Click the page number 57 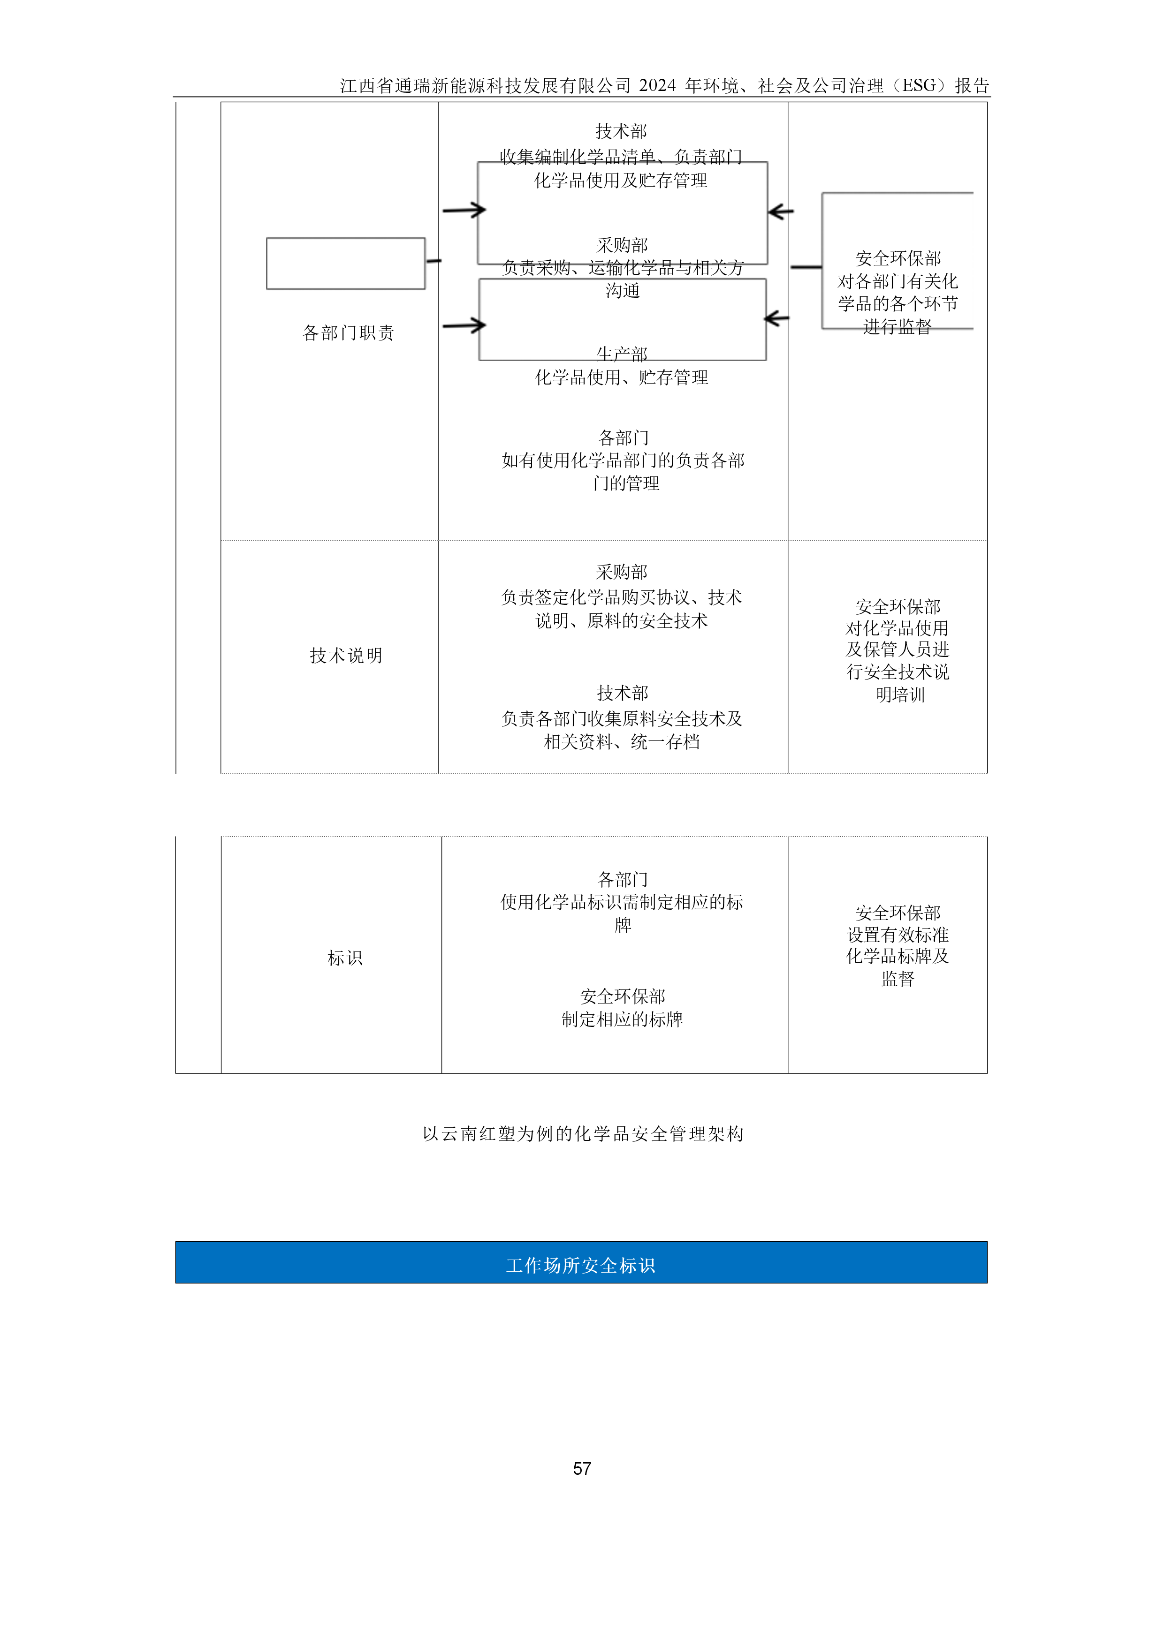(x=581, y=1469)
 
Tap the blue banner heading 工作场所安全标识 (x=580, y=1265)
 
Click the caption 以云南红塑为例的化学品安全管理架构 (x=583, y=1133)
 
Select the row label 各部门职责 (x=348, y=333)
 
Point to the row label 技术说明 (x=346, y=656)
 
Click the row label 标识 (x=345, y=958)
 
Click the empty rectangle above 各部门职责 (x=345, y=264)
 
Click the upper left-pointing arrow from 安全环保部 (x=781, y=211)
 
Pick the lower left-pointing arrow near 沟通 (x=777, y=318)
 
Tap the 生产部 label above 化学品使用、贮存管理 (x=622, y=354)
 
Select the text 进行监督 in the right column (x=898, y=327)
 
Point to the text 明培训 (x=900, y=695)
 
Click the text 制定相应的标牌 (x=622, y=1019)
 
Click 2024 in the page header (x=657, y=86)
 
